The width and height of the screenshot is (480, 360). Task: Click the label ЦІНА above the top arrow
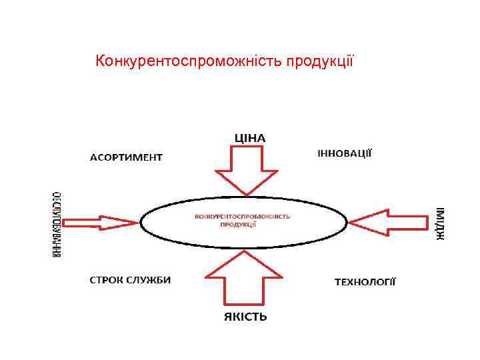pos(249,138)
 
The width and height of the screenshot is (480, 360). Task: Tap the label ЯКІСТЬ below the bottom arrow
pos(245,317)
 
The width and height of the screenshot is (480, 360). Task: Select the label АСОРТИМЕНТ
pos(126,158)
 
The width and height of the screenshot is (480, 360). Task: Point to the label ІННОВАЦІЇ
pos(344,153)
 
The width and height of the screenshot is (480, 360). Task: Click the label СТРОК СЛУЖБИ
pos(130,279)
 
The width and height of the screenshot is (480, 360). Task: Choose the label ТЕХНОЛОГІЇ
pos(365,282)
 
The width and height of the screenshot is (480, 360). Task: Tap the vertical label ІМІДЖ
pos(441,223)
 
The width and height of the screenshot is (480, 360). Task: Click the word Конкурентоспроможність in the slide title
pos(189,62)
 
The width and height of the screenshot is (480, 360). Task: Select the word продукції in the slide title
pos(320,62)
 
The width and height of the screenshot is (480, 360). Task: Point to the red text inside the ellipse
pos(243,220)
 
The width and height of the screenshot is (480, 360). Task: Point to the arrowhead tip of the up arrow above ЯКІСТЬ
pos(245,251)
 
